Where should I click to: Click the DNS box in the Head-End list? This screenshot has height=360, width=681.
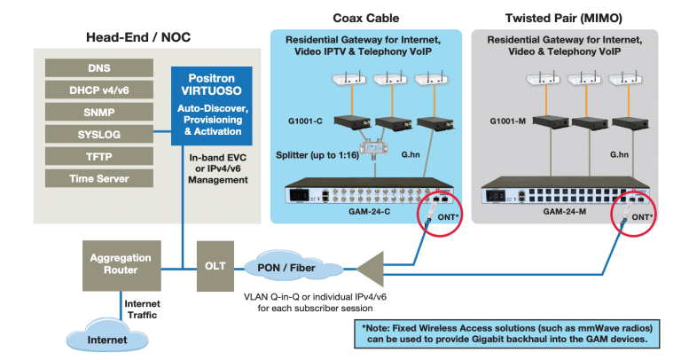98,67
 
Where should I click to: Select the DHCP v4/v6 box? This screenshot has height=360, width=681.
98,90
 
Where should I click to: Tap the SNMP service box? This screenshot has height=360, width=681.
98,112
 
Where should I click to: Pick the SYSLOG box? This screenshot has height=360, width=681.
98,134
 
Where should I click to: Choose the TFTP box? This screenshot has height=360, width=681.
98,156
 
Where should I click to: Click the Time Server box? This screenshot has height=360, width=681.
98,178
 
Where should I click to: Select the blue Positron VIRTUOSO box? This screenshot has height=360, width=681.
210,105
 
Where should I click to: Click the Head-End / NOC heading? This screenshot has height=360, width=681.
137,37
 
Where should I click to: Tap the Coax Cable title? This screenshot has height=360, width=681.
364,16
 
